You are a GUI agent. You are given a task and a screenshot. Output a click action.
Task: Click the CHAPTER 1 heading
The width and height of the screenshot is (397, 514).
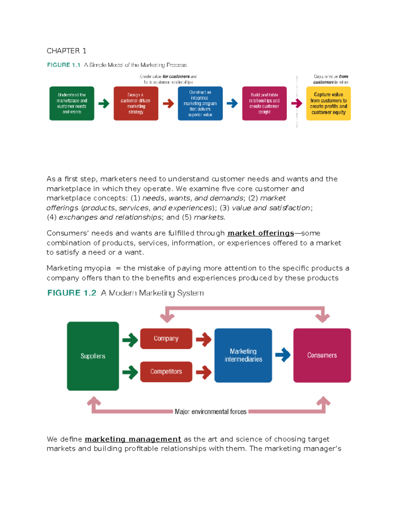pyautogui.click(x=66, y=51)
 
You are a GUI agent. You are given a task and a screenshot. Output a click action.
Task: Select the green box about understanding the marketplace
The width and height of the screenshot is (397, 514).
pyautogui.click(x=72, y=103)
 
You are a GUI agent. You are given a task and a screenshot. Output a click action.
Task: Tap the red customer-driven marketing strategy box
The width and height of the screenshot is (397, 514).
pyautogui.click(x=136, y=103)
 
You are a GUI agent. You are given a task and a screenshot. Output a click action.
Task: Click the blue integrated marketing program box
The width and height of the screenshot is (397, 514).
pyautogui.click(x=200, y=103)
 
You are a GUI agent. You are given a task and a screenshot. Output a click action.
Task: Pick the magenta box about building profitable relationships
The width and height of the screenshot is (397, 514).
pyautogui.click(x=264, y=103)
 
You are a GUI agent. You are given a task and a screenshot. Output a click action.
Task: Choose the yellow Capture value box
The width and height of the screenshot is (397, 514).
pyautogui.click(x=328, y=103)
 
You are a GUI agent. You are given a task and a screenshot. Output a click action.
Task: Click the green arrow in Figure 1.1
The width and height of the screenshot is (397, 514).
pyautogui.click(x=104, y=103)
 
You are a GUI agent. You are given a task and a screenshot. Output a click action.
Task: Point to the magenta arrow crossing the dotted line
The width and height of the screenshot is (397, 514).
pyautogui.click(x=297, y=103)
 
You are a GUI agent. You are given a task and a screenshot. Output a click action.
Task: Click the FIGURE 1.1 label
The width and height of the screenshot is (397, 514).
pyautogui.click(x=64, y=65)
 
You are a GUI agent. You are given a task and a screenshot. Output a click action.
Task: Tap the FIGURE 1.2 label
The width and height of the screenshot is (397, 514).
pyautogui.click(x=72, y=293)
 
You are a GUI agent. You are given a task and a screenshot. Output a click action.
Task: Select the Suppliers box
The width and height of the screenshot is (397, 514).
pyautogui.click(x=93, y=356)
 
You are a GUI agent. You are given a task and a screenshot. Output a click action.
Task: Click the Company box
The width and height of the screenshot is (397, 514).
pyautogui.click(x=166, y=338)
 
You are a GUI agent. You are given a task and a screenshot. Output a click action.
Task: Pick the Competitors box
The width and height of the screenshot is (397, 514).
pyautogui.click(x=166, y=372)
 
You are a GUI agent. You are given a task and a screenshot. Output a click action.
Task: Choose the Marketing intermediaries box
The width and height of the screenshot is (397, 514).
pyautogui.click(x=243, y=355)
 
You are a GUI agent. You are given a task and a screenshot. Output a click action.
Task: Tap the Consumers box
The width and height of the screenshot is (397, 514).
pyautogui.click(x=322, y=355)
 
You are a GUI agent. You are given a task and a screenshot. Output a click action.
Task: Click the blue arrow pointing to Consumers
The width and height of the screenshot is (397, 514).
pyautogui.click(x=283, y=355)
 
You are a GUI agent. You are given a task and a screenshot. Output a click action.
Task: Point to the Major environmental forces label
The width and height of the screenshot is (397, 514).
pyautogui.click(x=210, y=412)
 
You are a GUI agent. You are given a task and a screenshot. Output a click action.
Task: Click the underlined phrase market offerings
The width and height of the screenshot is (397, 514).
pyautogui.click(x=261, y=233)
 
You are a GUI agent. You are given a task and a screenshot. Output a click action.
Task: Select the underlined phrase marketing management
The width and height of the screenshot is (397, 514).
pyautogui.click(x=133, y=439)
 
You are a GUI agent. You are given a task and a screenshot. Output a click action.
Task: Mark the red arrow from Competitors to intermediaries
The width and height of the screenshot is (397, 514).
pyautogui.click(x=203, y=372)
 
